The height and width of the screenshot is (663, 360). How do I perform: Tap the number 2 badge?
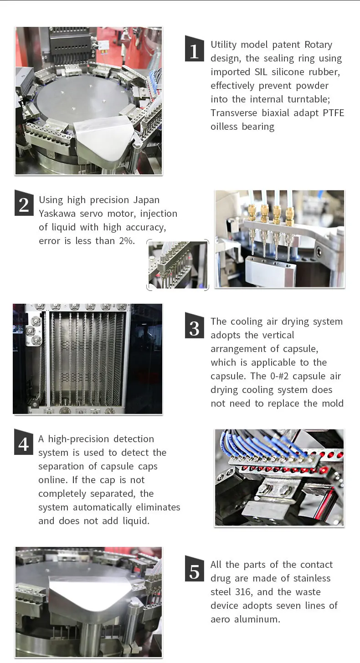[x=24, y=204]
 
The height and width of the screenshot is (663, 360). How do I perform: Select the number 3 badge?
[x=194, y=327]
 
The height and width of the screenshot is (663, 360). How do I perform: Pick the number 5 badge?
[x=194, y=570]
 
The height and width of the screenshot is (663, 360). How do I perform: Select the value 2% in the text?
[x=126, y=241]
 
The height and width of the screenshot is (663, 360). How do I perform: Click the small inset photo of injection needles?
[x=178, y=265]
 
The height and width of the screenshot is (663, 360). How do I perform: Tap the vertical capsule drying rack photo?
[x=87, y=359]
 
